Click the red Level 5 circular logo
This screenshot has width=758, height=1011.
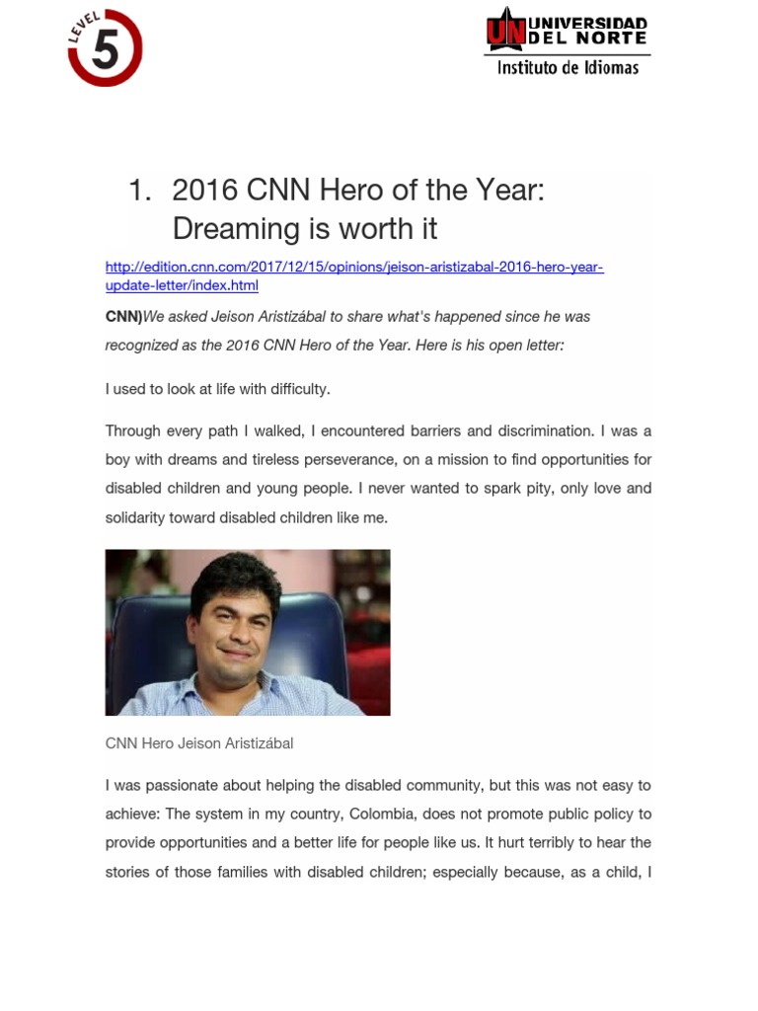[105, 47]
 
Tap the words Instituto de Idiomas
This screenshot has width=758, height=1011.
[568, 68]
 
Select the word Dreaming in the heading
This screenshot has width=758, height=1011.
[234, 228]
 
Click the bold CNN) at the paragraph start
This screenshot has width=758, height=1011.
[123, 317]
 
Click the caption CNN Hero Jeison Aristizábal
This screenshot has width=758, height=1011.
[199, 743]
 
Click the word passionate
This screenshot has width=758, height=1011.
[186, 786]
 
